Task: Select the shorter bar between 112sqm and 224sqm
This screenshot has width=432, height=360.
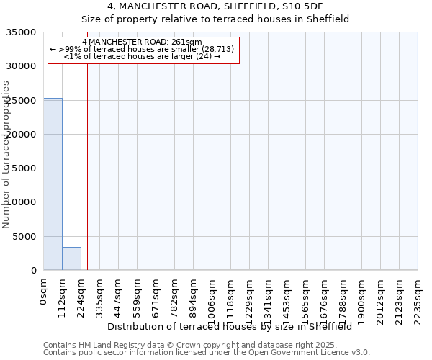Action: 71,258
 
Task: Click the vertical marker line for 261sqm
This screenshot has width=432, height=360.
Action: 87,166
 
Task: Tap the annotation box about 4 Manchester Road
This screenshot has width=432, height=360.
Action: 143,50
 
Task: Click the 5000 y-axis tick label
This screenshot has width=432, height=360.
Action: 26,237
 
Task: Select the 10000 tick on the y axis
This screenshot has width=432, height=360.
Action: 23,202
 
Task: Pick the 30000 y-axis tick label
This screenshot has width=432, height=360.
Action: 23,66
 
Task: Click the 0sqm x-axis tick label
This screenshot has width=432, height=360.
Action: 44,291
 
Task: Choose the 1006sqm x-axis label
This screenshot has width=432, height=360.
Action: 212,299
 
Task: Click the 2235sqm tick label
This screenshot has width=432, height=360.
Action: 418,299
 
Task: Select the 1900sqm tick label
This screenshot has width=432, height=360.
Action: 362,299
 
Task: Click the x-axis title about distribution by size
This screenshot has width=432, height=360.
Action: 234,326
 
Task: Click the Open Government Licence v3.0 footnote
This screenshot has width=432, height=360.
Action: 207,352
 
